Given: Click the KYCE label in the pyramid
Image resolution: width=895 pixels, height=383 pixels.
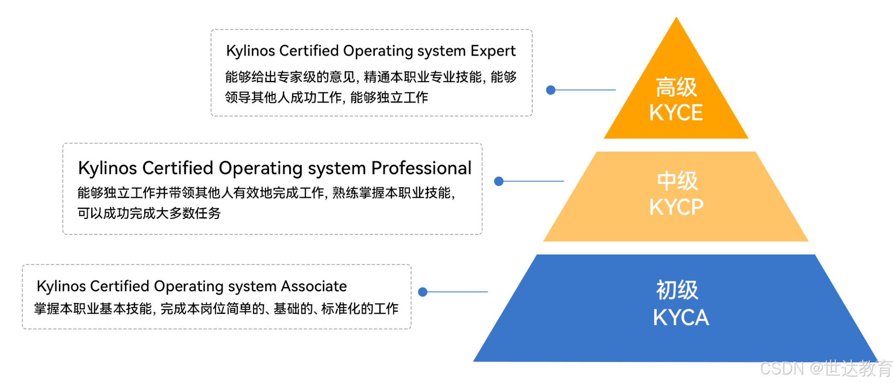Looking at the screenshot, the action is [x=676, y=113].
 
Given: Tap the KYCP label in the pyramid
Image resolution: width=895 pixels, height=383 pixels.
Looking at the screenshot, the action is [x=676, y=207].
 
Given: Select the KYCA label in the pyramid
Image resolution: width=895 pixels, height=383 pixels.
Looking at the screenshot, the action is [x=681, y=318].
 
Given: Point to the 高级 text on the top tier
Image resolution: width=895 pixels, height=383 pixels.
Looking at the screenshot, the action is [x=676, y=87].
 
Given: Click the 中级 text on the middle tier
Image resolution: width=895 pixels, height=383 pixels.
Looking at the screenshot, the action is [x=677, y=181].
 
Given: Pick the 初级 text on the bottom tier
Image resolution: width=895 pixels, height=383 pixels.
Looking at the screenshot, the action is [x=677, y=290].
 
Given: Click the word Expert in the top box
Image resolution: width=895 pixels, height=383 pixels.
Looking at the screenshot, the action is [x=493, y=51].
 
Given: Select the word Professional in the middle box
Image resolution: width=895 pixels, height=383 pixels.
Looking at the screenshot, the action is [x=421, y=168].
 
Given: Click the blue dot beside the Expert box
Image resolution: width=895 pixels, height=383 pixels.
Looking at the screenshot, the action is [x=551, y=90].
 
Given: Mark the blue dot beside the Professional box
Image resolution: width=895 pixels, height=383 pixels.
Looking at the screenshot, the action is [x=498, y=181].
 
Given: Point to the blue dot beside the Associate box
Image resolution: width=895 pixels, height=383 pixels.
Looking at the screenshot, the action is [x=423, y=292].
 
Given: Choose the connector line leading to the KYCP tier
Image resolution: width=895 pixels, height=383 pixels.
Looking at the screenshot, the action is [x=533, y=181].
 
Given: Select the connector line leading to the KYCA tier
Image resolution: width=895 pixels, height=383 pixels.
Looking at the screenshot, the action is [x=457, y=292].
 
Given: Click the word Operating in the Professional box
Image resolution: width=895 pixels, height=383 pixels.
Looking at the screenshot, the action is [x=261, y=168].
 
